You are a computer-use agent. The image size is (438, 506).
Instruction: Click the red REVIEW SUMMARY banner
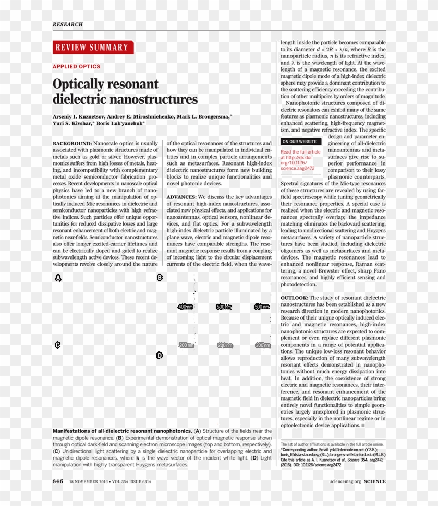tap(93, 48)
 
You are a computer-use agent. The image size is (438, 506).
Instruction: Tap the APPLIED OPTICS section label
tap(76, 67)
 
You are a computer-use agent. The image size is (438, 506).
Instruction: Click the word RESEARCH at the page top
tap(67, 25)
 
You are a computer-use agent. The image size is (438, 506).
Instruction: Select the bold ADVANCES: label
tap(181, 197)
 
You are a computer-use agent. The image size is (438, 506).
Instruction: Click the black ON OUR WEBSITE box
tap(300, 142)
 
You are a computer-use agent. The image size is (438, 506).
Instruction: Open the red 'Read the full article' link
tap(300, 152)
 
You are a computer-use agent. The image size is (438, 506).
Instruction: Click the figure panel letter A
tap(58, 278)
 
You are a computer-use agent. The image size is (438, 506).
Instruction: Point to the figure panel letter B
tap(160, 277)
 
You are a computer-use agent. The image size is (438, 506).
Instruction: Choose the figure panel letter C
tap(57, 345)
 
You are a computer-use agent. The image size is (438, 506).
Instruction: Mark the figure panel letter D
tap(160, 356)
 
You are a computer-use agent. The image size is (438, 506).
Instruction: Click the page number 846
tap(58, 481)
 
